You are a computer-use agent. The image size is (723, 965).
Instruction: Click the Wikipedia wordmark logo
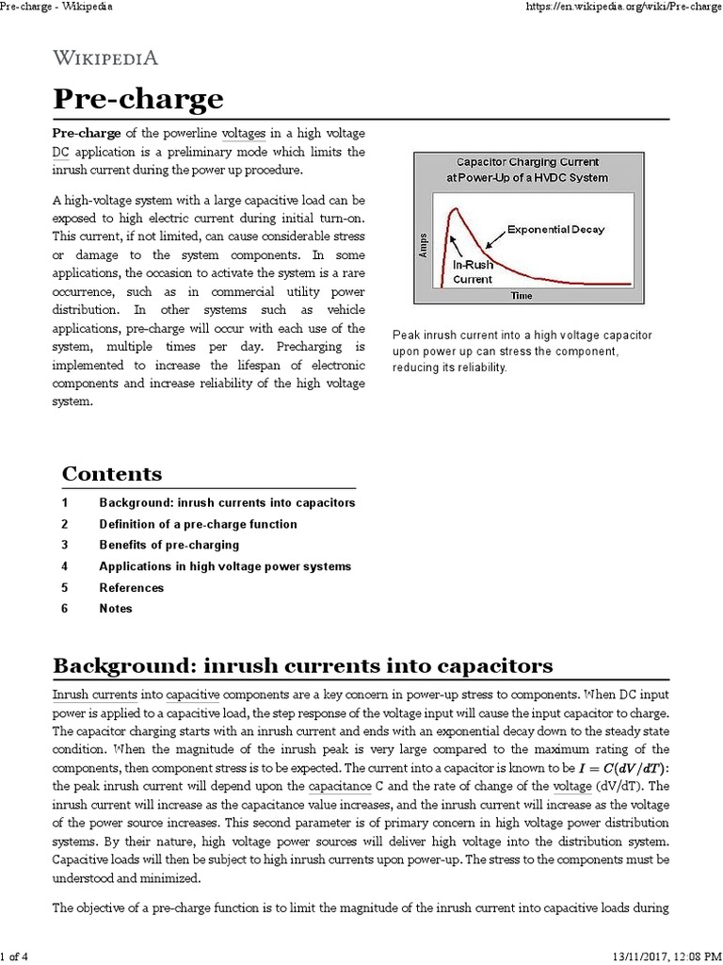pyautogui.click(x=104, y=57)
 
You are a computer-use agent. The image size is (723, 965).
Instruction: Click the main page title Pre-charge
pyautogui.click(x=137, y=99)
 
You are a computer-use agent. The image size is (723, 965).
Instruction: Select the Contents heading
pyautogui.click(x=111, y=473)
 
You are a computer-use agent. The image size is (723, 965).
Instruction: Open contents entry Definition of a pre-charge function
pyautogui.click(x=198, y=524)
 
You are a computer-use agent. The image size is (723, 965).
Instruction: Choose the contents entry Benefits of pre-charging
pyautogui.click(x=169, y=545)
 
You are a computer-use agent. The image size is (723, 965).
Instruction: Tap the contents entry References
pyautogui.click(x=131, y=587)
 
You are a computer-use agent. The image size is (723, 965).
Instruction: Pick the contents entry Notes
pyautogui.click(x=116, y=609)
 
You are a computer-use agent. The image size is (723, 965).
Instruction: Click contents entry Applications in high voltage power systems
pyautogui.click(x=225, y=566)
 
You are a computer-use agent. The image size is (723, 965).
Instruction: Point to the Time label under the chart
pyautogui.click(x=521, y=296)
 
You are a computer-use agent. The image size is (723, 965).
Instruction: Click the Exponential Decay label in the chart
pyautogui.click(x=555, y=229)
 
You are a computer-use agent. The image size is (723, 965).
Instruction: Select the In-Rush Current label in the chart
pyautogui.click(x=474, y=272)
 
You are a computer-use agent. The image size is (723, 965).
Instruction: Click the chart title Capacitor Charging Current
pyautogui.click(x=526, y=162)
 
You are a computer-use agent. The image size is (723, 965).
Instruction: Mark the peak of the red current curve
pyautogui.click(x=453, y=208)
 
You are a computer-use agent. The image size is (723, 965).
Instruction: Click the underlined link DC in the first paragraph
pyautogui.click(x=60, y=151)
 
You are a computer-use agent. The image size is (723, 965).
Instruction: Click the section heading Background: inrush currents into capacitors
pyautogui.click(x=302, y=664)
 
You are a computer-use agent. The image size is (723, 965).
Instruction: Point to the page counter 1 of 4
pyautogui.click(x=16, y=957)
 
